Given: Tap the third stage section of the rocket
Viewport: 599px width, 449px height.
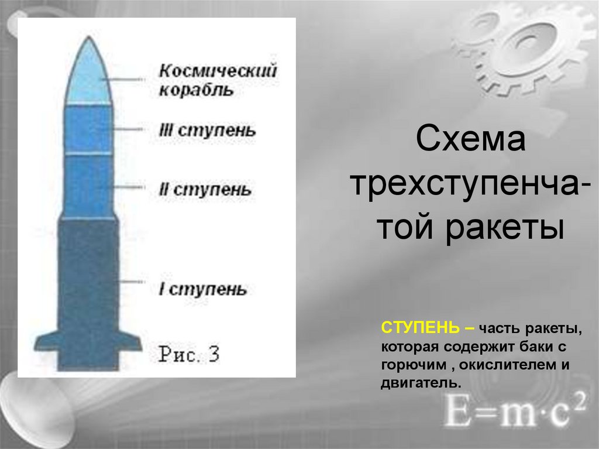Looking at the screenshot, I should coord(88,130).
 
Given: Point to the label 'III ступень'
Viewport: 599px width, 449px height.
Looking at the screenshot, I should coord(207,130).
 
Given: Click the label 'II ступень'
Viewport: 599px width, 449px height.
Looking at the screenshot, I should coord(205,190).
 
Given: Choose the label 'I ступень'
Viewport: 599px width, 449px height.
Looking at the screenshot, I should coord(203,289).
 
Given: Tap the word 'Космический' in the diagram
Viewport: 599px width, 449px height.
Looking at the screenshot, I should coord(218,72).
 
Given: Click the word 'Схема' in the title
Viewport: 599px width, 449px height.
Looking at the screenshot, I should coord(470,141).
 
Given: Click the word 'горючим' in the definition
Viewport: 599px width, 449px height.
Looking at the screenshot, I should coord(413,365).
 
